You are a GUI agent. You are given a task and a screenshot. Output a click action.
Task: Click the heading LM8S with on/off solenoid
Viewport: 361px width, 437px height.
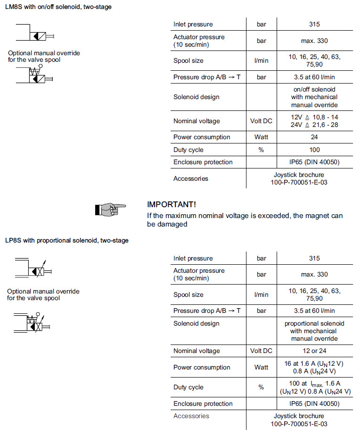pos(58,7)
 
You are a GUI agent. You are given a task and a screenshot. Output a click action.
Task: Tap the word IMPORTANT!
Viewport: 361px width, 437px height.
pos(172,204)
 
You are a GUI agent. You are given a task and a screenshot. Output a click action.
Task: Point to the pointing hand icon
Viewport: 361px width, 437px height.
pos(110,209)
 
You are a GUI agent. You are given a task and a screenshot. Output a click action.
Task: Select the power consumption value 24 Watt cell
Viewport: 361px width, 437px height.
pos(314,137)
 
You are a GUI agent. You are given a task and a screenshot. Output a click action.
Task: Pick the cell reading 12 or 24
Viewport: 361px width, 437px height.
pos(314,351)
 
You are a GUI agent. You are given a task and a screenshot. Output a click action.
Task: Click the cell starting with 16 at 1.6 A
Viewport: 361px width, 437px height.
pos(314,367)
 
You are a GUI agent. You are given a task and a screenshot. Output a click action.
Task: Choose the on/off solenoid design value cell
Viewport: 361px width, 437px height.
pos(314,97)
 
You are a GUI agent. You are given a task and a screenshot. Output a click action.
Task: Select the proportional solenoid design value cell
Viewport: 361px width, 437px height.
pos(314,331)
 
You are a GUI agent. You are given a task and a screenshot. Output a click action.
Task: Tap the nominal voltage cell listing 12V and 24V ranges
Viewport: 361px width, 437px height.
pos(314,121)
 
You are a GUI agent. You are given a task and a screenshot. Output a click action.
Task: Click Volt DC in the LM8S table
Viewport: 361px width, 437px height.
pos(261,121)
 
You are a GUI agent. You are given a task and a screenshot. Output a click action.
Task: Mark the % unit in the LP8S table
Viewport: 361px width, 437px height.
pos(261,387)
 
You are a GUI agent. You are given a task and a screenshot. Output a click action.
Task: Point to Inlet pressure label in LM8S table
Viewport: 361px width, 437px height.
pos(193,25)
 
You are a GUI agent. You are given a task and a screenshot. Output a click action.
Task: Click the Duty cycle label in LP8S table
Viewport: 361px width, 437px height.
pos(188,387)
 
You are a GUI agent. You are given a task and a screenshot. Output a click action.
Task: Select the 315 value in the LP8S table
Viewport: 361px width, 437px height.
pos(314,258)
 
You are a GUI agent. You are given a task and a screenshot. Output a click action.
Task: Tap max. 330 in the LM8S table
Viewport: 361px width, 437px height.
pos(314,41)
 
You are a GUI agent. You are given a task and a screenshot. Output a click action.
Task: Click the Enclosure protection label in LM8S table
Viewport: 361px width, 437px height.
pos(203,162)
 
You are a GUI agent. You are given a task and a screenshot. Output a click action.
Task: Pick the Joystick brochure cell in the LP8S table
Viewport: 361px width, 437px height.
pos(299,420)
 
